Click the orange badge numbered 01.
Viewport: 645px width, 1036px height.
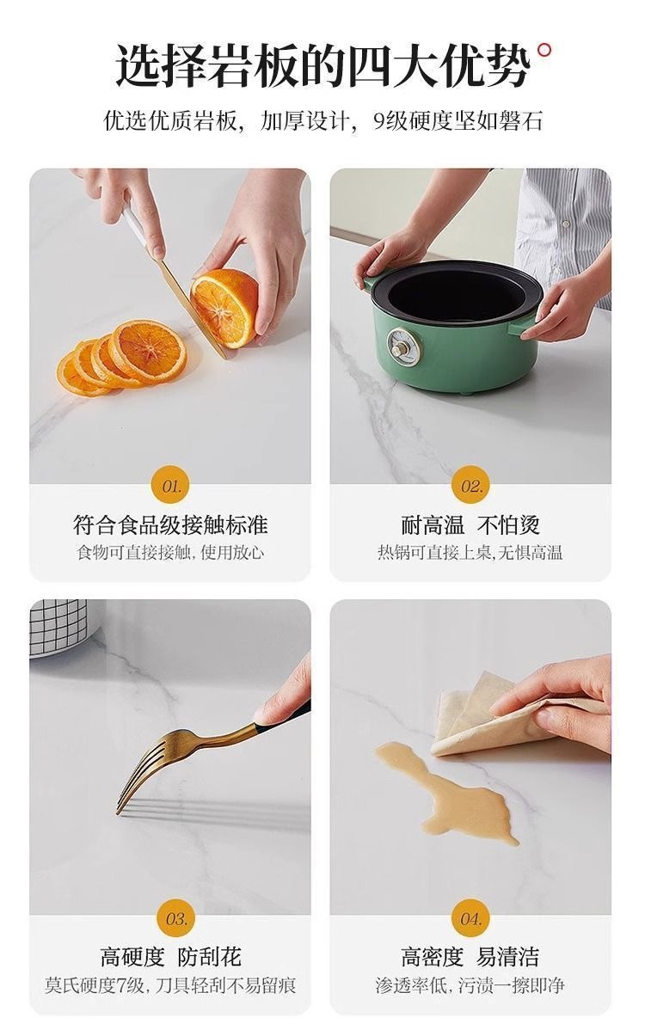[x=170, y=486]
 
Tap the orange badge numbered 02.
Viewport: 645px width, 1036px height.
[x=470, y=486]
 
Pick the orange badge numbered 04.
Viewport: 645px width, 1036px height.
[x=470, y=918]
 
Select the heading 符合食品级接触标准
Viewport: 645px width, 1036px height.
[x=170, y=525]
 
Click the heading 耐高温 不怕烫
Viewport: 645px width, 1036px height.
[x=470, y=525]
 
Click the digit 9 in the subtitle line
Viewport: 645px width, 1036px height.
[x=379, y=121]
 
